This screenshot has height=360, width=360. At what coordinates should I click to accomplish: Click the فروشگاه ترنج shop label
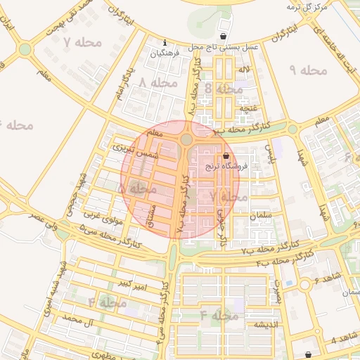(x=223, y=167)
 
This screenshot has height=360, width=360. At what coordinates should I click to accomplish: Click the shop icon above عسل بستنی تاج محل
(x=224, y=36)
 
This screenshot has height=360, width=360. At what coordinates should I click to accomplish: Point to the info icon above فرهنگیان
(x=165, y=42)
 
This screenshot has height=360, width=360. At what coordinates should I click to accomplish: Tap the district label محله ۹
(x=308, y=70)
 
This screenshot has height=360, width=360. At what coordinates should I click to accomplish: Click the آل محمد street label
(x=78, y=319)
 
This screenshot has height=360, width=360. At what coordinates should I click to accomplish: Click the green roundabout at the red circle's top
(x=186, y=140)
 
